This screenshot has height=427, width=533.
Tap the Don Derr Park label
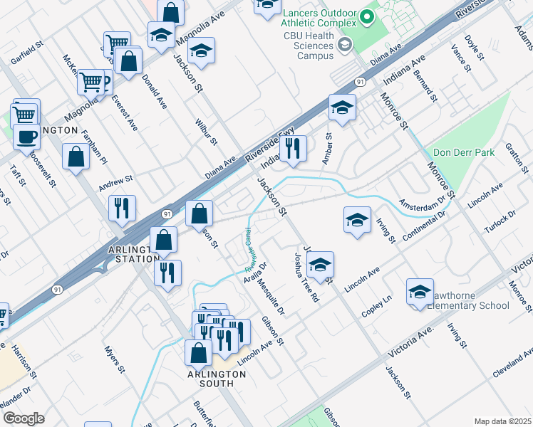coord(464,152)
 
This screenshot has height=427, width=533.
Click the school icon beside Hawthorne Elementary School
coord(420,291)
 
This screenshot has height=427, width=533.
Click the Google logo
coord(23,418)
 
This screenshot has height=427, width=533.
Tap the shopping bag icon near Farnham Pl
coord(76,157)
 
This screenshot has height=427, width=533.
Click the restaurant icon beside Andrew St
coord(122,208)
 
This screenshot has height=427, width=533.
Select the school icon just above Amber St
coord(342,108)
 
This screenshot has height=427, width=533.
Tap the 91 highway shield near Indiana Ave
coord(361,82)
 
